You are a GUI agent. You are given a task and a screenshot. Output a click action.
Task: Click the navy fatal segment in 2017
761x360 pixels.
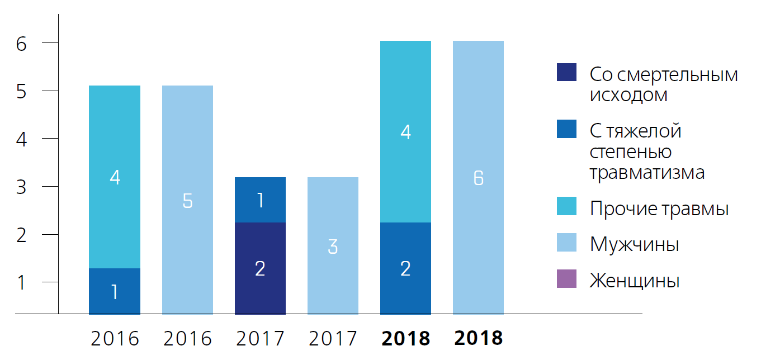coord(260,268)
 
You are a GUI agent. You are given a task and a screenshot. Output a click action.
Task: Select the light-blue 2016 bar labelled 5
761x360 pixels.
coord(187,200)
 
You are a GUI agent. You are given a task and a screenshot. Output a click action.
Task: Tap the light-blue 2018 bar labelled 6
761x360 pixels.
coord(478,177)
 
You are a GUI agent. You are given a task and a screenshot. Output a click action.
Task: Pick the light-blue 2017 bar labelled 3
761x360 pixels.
coord(333,245)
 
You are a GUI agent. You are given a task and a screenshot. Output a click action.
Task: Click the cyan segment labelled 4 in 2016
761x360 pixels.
coord(115,177)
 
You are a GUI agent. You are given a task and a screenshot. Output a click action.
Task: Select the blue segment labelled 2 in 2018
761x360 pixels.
coord(405,268)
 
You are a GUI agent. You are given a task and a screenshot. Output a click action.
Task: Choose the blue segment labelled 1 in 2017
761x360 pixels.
coord(260,200)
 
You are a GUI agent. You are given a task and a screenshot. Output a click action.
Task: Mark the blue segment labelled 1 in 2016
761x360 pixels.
coord(115,291)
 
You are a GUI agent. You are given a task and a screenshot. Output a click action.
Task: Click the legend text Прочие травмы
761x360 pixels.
coord(659,209)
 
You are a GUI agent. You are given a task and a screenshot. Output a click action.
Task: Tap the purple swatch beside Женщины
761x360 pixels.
coord(566,279)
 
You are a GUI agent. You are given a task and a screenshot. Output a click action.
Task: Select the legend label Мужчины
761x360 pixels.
coord(634,244)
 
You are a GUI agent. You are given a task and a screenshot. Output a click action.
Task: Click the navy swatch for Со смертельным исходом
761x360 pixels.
coord(566,73)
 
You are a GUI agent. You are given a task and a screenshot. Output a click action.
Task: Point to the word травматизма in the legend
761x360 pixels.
coord(647,172)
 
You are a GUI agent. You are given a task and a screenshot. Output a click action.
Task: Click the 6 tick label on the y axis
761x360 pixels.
coord(21,44)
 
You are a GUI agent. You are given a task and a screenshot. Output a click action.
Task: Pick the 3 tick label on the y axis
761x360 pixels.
coord(21,186)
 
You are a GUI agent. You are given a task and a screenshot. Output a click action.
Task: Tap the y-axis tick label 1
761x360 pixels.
coord(21,282)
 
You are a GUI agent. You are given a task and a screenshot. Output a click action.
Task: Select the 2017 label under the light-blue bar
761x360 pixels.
coord(333,338)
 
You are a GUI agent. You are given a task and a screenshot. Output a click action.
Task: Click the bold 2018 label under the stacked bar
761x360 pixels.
coord(405,338)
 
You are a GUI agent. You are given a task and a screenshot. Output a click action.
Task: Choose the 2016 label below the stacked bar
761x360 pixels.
coord(115,338)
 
